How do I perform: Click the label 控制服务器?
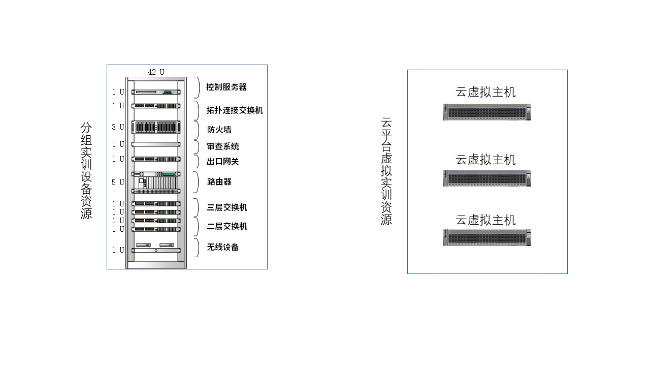226,87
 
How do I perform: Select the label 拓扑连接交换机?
235,110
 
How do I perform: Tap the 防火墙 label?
219,129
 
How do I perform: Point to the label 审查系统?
223,146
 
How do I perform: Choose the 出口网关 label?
223,162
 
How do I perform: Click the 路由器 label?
219,181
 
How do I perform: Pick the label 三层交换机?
227,207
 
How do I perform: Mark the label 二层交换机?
227,226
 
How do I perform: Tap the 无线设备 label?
223,248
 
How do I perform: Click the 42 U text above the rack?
156,72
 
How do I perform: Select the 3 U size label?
118,127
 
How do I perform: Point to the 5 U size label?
118,182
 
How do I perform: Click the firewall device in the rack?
156,127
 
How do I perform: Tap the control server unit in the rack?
156,92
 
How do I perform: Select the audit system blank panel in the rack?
156,144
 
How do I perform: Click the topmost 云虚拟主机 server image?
486,112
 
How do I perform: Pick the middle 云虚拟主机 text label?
485,160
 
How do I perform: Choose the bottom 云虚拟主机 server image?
486,237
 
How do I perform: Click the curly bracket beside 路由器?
197,182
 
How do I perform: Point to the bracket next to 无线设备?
197,248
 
